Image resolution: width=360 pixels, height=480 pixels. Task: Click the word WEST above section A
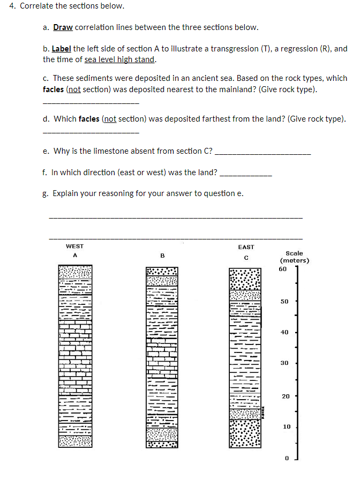point(74,246)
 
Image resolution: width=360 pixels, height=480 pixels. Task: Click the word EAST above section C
point(246,247)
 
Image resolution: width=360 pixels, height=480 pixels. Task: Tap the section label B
point(162,256)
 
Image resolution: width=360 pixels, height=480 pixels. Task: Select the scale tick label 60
point(283,268)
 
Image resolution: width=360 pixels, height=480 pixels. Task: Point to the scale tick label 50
point(285,302)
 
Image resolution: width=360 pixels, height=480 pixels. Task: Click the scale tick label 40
point(285,333)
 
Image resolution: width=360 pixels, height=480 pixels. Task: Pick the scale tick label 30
point(285,363)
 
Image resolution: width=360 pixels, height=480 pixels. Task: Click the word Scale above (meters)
point(294,253)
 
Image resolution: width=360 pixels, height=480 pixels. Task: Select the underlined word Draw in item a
point(63,27)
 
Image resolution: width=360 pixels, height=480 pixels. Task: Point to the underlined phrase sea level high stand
point(119,59)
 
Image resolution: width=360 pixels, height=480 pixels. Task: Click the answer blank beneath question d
point(90,132)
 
